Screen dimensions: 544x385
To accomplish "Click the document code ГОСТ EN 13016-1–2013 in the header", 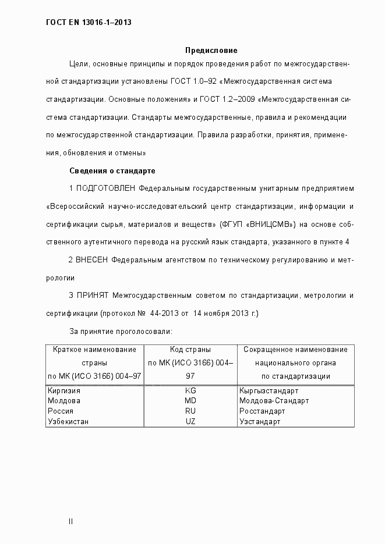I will (89, 23).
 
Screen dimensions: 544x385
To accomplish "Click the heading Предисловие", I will (211, 51).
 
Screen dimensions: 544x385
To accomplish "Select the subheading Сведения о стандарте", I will (112, 171).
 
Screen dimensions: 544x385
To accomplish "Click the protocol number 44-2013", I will (164, 314).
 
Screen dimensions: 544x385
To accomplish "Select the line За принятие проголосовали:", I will (120, 332).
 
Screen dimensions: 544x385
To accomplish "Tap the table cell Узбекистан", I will (68, 421).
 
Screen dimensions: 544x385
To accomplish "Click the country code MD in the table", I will (190, 401).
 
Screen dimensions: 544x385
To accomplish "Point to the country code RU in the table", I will (190, 411).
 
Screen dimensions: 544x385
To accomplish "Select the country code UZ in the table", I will (190, 421).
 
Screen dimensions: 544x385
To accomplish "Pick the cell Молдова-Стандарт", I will (274, 401).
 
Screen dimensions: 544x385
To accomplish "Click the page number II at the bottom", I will (70, 521).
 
